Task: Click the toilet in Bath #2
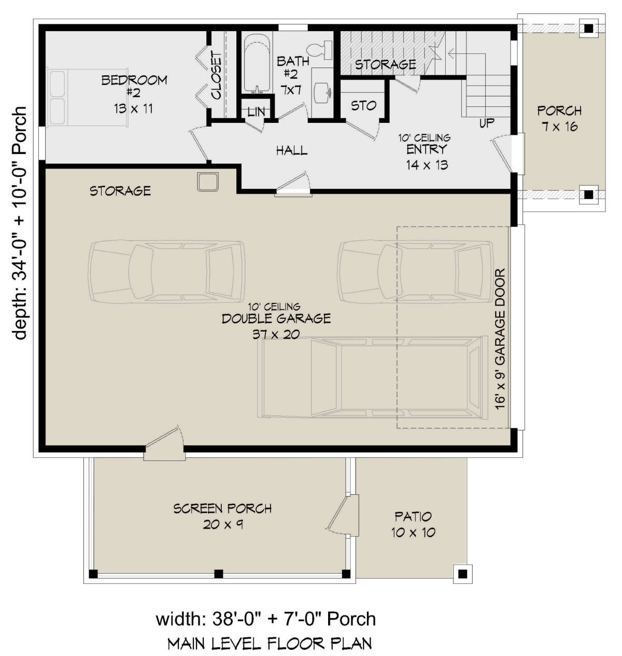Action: click(x=319, y=50)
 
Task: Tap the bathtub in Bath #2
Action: click(x=257, y=64)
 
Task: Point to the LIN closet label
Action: click(x=256, y=112)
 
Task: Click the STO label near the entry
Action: click(x=363, y=106)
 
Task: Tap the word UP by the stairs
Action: click(x=487, y=123)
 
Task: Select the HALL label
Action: click(x=291, y=150)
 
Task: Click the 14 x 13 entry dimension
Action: click(x=427, y=165)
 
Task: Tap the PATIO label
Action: click(x=413, y=517)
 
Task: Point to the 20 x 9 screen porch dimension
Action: click(x=222, y=525)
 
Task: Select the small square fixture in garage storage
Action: click(x=207, y=182)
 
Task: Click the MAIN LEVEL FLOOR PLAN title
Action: click(x=270, y=644)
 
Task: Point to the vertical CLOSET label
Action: click(x=217, y=76)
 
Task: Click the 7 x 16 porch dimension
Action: click(x=560, y=127)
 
